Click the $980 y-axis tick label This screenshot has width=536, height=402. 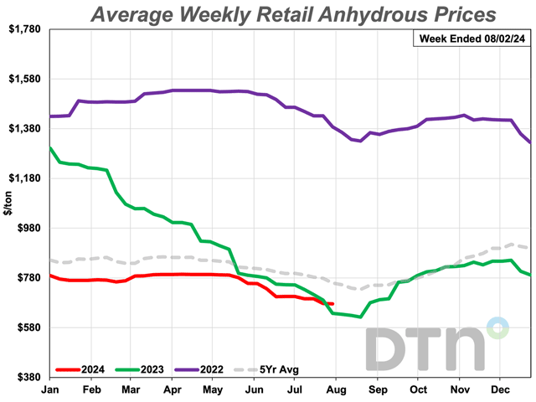point(27,228)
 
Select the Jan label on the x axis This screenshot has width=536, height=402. point(50,390)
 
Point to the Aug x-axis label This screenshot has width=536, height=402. point(337,390)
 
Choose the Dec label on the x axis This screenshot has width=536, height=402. point(500,390)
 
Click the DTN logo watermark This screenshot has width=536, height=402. point(435,343)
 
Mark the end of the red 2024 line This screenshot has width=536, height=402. point(332,304)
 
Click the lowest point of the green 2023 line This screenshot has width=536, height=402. point(359,317)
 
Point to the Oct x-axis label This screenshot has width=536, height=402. point(418,390)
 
